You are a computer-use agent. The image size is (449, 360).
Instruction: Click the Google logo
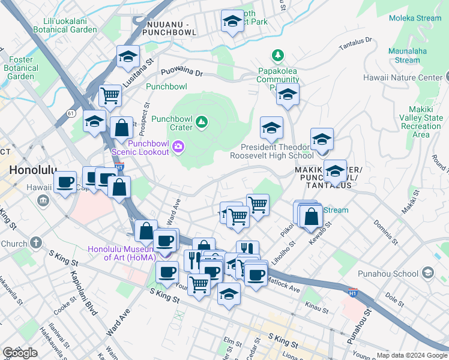[20, 353]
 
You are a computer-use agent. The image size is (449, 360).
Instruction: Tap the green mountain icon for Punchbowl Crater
[202, 123]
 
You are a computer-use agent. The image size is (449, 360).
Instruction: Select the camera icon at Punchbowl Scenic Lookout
[178, 146]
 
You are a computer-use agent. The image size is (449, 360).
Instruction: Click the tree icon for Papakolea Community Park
[277, 56]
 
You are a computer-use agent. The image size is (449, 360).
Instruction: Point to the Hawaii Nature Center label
[402, 77]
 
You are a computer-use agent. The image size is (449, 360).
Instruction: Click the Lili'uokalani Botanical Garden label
[65, 25]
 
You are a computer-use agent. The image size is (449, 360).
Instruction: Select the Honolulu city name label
[32, 170]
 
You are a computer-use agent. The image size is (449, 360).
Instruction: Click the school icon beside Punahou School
[427, 274]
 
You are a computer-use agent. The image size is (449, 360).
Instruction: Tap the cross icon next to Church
[36, 244]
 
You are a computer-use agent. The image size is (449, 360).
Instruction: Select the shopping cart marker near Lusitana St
[110, 95]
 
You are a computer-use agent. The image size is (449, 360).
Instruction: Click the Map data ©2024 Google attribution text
[411, 355]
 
